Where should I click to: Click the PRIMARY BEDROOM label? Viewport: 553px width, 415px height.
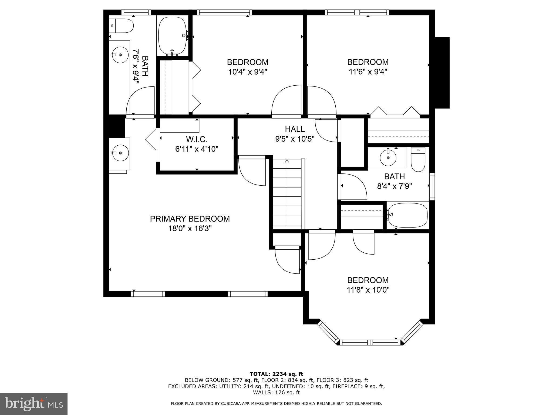(x=190, y=219)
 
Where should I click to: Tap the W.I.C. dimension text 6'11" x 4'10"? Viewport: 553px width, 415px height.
(x=197, y=149)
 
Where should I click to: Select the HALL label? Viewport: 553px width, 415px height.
(x=295, y=129)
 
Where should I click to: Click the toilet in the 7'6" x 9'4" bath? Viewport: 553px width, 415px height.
(x=122, y=26)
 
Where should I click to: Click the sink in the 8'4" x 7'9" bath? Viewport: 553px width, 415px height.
(x=388, y=158)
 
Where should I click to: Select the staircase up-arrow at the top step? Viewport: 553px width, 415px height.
(x=287, y=162)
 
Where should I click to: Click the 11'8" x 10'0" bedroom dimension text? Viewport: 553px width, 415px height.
(x=368, y=290)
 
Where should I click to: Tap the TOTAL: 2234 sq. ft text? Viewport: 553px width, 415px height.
(x=276, y=374)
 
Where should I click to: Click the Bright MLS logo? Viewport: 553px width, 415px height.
(x=33, y=404)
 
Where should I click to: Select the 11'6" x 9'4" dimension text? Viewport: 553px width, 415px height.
(x=368, y=72)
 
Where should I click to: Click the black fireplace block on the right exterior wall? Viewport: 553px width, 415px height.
(x=442, y=72)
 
